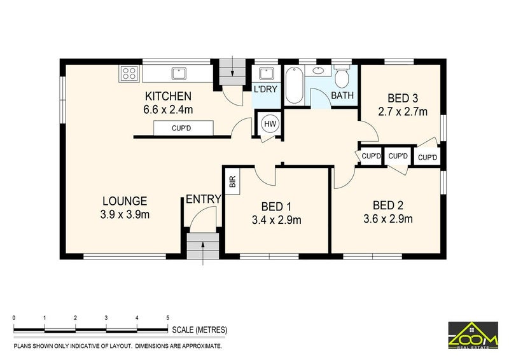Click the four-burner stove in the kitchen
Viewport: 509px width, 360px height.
[x=130, y=73]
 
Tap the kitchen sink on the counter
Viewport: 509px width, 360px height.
[x=179, y=73]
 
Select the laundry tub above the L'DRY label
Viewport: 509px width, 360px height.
[x=266, y=74]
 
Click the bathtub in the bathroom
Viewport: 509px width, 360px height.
[x=295, y=85]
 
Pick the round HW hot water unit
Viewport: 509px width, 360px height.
[x=270, y=123]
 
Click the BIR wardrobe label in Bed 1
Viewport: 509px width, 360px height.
[x=232, y=181]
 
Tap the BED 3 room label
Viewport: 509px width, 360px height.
[x=403, y=98]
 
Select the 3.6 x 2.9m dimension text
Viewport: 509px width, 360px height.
[x=388, y=219]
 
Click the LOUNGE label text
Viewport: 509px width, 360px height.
[x=125, y=201]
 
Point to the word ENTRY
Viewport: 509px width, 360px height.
[x=204, y=199]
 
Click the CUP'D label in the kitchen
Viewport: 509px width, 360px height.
[x=181, y=128]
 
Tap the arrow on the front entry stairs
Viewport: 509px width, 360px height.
[x=203, y=253]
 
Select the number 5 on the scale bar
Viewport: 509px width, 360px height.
[x=168, y=318]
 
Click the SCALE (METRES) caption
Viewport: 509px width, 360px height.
[x=200, y=330]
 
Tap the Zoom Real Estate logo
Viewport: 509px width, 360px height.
[x=473, y=335]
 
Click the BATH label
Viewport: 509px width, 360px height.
[x=342, y=95]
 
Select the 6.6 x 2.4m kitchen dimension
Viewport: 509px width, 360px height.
[x=168, y=110]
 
